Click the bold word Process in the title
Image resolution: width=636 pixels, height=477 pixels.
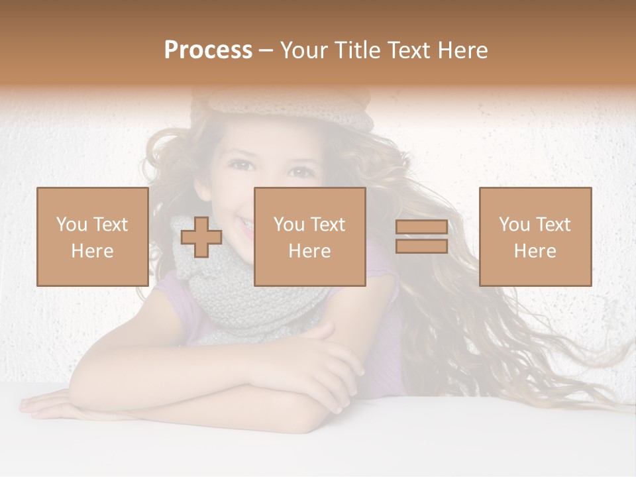208,50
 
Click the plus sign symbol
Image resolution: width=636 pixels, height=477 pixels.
201,237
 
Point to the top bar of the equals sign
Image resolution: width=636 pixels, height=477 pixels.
421,227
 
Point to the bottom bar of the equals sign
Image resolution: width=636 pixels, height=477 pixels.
421,246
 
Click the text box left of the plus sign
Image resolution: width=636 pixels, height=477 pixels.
92,237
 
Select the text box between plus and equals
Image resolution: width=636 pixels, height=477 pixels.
309,237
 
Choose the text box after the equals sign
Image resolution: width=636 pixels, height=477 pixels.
535,237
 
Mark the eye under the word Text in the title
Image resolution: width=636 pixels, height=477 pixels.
302,172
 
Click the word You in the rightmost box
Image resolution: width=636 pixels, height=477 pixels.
513,225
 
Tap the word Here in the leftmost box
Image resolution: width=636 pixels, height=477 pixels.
92,250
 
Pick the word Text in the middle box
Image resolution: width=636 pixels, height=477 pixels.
328,225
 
